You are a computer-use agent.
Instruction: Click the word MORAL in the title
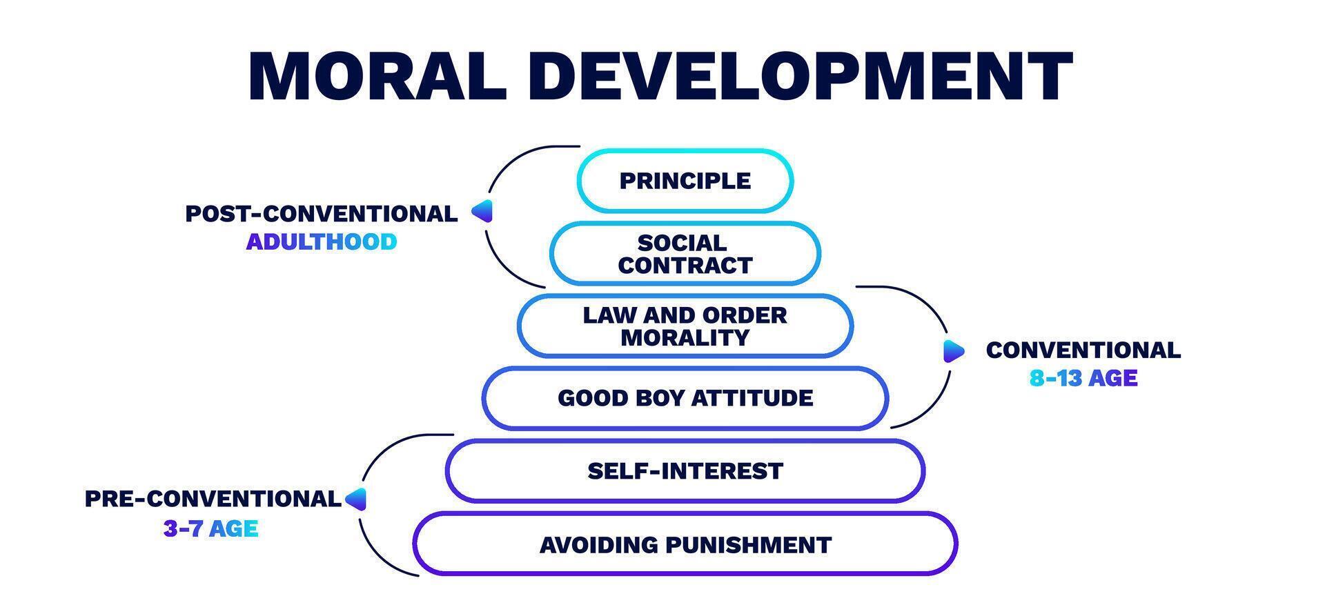(377, 76)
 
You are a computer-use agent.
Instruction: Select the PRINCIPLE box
(685, 181)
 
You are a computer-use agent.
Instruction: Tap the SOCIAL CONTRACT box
(685, 253)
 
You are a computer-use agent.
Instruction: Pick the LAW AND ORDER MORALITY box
(685, 326)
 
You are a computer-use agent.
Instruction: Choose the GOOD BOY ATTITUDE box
(685, 398)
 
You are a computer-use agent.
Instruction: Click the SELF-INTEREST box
(685, 471)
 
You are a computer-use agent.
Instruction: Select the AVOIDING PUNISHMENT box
(685, 545)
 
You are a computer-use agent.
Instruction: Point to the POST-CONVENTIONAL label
(321, 214)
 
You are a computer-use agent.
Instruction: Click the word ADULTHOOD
(321, 242)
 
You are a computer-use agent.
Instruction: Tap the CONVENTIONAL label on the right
(1083, 350)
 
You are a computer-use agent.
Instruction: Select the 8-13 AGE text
(1083, 378)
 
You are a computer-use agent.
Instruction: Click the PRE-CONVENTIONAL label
(213, 499)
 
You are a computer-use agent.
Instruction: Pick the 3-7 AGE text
(210, 529)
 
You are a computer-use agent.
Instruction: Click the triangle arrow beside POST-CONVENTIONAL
(482, 211)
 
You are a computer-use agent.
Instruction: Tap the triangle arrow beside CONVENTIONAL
(953, 351)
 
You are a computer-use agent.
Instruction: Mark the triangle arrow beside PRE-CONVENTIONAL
(356, 499)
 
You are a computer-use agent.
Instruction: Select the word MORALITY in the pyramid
(685, 338)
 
